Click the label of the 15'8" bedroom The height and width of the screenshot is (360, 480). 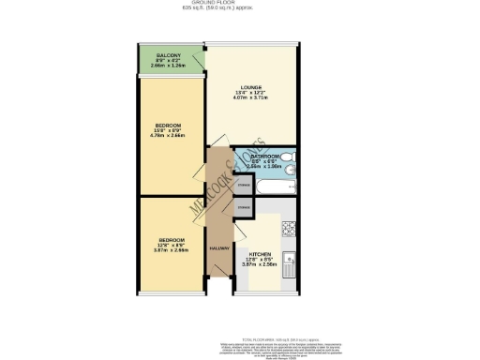168,125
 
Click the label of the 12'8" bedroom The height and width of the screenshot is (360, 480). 170,239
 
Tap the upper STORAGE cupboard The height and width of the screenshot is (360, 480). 243,186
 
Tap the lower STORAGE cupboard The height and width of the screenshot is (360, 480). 243,205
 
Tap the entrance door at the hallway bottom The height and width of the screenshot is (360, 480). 218,280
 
